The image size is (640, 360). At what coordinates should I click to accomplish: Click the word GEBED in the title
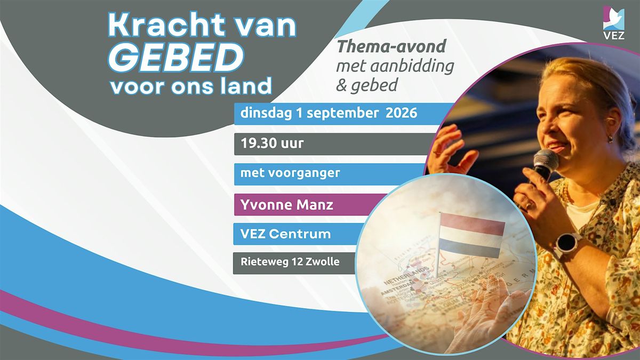click(175, 57)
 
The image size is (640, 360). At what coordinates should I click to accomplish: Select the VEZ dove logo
click(614, 23)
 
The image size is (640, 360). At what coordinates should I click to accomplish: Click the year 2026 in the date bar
click(401, 113)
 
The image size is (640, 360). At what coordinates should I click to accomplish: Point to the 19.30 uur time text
click(271, 143)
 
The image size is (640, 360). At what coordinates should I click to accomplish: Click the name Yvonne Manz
click(286, 205)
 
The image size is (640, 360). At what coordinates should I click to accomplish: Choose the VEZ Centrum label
click(285, 234)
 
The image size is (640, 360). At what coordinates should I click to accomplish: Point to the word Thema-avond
click(391, 46)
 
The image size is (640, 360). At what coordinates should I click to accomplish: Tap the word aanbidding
click(412, 66)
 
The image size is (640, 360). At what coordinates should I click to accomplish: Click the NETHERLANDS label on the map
click(406, 275)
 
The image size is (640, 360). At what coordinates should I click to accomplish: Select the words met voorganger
click(290, 173)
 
